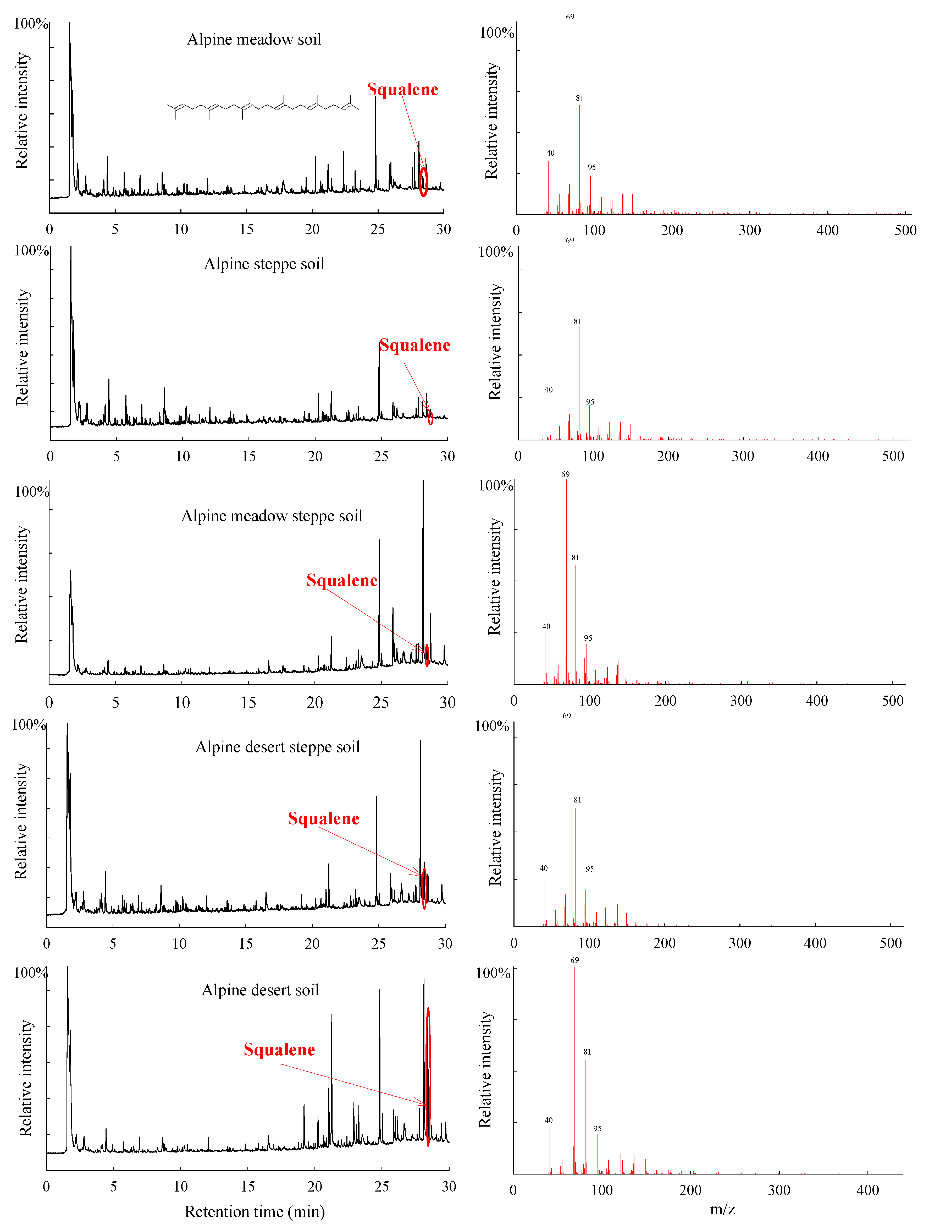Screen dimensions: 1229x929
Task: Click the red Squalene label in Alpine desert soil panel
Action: [279, 1050]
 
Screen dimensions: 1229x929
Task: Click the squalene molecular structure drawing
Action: [263, 107]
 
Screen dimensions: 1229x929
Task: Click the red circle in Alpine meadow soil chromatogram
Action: [424, 182]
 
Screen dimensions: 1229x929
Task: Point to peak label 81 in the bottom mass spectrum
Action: [587, 1052]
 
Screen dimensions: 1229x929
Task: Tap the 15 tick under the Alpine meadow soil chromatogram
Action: [247, 230]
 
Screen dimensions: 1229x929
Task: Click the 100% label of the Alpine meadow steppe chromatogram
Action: [31, 492]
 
